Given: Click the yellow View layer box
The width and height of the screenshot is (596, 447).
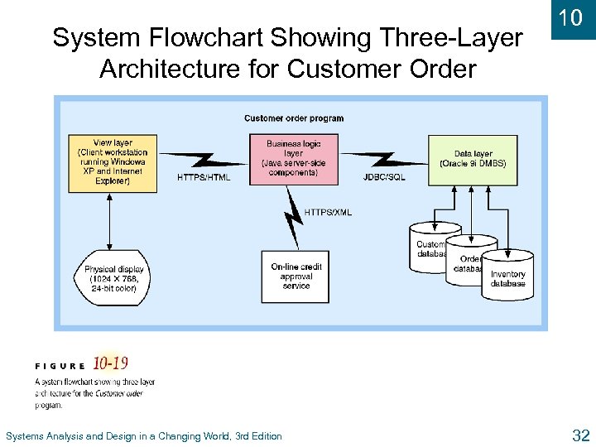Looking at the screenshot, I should pos(113,163).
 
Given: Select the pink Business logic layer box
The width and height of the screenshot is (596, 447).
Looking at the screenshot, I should pos(293,159).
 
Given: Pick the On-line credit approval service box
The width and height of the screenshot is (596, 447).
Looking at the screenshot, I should pos(296,276).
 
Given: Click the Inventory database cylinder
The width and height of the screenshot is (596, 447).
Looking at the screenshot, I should pos(507,277).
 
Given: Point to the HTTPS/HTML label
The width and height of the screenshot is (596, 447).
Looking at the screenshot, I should pos(204,177).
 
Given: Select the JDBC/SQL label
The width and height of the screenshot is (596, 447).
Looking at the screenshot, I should pos(384,177).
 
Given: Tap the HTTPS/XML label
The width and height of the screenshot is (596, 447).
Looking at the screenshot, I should pos(328,213).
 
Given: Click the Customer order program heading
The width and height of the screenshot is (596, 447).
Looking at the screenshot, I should pos(294,118).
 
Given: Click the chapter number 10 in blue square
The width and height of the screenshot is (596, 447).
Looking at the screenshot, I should pos(571,18).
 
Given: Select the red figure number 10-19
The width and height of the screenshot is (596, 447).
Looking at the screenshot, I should pos(110,363).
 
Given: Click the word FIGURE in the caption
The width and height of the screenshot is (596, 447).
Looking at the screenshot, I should pos(60,366).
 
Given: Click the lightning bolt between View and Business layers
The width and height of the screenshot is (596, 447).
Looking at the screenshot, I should pos(203,158).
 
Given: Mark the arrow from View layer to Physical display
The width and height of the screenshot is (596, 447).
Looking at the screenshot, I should pos(109,221).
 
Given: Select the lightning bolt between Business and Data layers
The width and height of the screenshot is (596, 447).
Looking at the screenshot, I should pos(383,158).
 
